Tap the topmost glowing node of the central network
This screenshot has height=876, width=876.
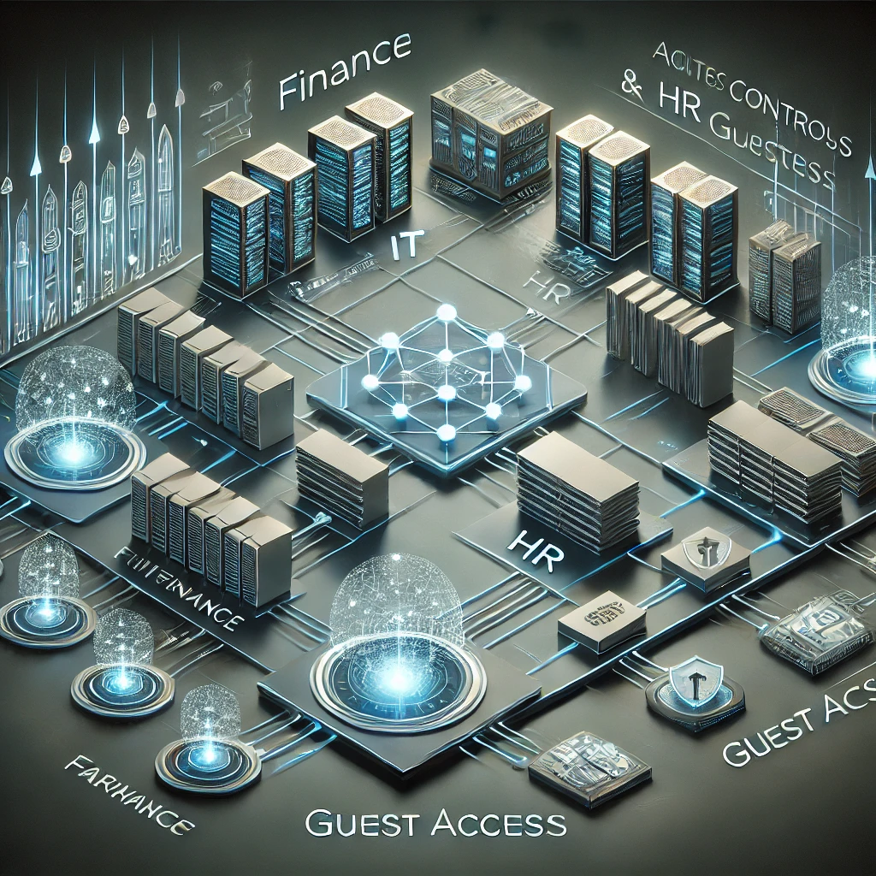(x=446, y=314)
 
